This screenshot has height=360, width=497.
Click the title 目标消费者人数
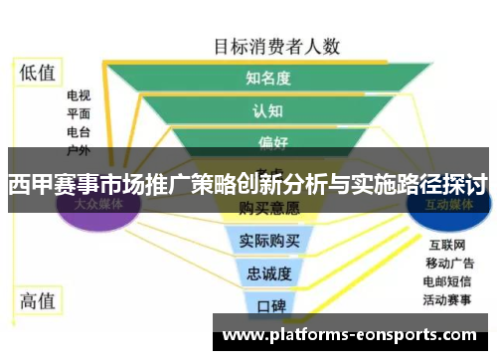click(x=277, y=46)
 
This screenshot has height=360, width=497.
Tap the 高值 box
click(x=39, y=298)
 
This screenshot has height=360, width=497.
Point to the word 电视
click(x=79, y=96)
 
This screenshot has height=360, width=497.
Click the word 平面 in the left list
click(x=79, y=113)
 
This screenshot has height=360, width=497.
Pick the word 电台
click(x=79, y=131)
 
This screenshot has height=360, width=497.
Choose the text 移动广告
click(x=448, y=263)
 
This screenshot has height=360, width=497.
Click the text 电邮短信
click(x=448, y=279)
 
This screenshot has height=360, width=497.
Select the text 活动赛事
click(x=448, y=297)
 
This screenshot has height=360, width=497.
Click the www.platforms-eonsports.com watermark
click(x=353, y=335)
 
